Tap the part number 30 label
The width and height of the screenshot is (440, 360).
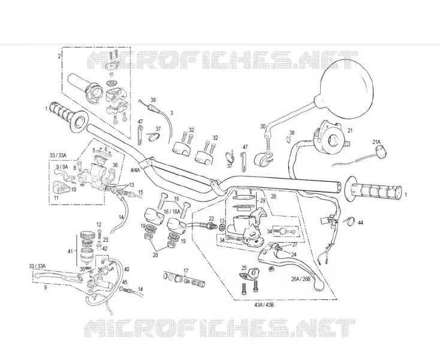pos(263,127)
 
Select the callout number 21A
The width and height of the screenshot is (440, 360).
pos(376,142)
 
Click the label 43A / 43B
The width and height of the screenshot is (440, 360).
pos(264,305)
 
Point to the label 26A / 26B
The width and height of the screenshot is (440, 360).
pos(301,279)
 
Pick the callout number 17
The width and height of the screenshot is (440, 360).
pos(186,271)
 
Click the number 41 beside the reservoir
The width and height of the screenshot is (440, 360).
pos(70,251)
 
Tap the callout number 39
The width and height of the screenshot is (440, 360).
pos(153,100)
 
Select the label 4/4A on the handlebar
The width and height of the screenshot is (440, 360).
pos(135,170)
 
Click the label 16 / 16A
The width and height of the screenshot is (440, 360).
pos(172,211)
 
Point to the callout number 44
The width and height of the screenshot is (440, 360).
pos(360,223)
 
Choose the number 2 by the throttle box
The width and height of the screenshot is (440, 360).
pos(59,56)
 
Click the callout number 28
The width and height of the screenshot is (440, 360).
pos(273,196)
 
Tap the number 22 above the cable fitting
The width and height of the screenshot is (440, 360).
pos(211,218)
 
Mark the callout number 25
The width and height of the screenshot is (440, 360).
pos(244,268)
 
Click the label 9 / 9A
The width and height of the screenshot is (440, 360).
pos(62,167)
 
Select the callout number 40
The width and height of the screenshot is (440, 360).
pos(126,269)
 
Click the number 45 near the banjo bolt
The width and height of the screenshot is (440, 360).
pos(125,282)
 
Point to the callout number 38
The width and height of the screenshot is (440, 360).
pos(292,133)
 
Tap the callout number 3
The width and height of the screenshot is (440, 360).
pos(171,113)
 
